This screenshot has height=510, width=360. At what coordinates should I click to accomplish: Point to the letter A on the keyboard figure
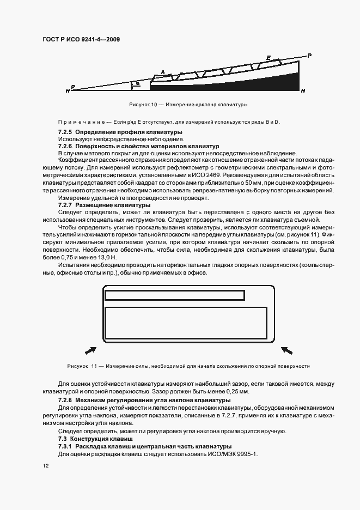(x=162, y=72)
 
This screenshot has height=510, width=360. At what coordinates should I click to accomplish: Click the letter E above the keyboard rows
(x=268, y=57)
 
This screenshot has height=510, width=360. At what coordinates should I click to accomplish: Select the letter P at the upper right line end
(x=309, y=56)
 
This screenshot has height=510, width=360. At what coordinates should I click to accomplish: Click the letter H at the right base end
(x=303, y=89)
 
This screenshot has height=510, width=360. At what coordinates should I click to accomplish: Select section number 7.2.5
(x=65, y=132)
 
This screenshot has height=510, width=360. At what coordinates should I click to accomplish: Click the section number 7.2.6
(x=65, y=147)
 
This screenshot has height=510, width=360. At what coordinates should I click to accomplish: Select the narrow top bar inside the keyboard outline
(x=174, y=295)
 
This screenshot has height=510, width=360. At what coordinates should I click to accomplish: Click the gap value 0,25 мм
(x=237, y=392)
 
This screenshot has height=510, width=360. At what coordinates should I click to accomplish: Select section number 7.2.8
(x=65, y=400)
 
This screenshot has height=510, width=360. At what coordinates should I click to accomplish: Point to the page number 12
(x=46, y=466)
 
